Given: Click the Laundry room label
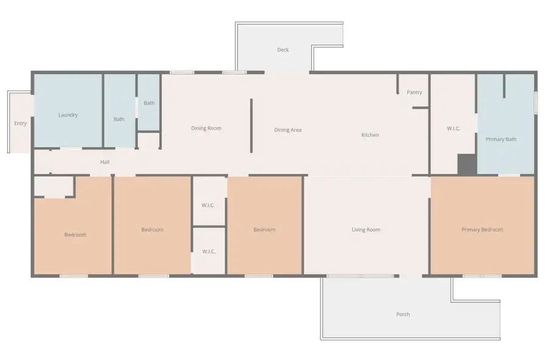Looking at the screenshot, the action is [x=68, y=115].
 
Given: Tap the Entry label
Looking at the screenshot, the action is [x=20, y=123].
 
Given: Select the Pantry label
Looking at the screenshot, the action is [x=415, y=92].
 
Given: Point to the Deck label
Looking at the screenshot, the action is [x=283, y=50].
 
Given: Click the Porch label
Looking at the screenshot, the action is [x=403, y=314].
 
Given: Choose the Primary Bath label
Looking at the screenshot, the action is [x=501, y=139].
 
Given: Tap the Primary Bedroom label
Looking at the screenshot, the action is [x=482, y=230].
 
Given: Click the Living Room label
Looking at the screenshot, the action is [x=366, y=230].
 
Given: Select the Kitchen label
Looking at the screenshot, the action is [x=370, y=135].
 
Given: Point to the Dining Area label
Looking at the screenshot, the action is [x=288, y=130].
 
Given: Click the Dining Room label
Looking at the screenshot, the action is [x=206, y=128].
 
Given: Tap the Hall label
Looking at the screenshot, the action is [x=105, y=162].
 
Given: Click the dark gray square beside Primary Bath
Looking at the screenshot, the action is [x=467, y=164].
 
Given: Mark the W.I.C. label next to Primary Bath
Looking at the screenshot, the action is [x=453, y=128].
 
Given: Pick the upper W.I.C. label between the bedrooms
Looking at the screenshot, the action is [x=208, y=206].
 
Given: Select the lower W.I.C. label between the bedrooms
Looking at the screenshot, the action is [x=209, y=251].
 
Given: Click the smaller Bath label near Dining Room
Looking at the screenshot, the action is [x=149, y=103].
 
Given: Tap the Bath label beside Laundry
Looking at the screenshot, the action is [x=119, y=119].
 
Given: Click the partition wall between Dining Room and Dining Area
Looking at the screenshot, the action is [x=251, y=126].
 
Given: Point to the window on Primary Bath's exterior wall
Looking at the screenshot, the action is [x=536, y=102].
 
